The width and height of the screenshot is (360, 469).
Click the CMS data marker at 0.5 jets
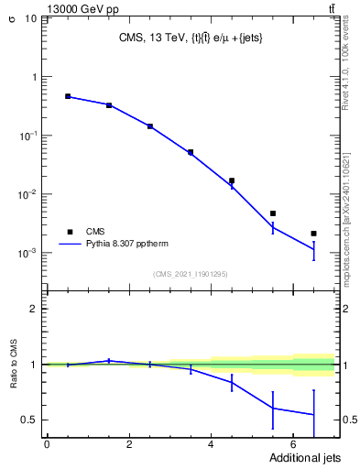[x=68, y=96]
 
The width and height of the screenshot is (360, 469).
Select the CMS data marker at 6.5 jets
[x=313, y=234]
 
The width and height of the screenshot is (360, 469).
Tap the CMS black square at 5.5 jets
[x=273, y=213]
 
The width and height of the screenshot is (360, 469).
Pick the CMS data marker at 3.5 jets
[x=191, y=152]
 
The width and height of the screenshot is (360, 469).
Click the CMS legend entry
[x=95, y=232]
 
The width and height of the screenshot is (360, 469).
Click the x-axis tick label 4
[x=212, y=444]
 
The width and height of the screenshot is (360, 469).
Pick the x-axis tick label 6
[x=293, y=444]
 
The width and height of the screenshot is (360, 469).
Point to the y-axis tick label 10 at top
[x=31, y=18]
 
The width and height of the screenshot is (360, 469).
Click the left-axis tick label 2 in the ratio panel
[x=34, y=309]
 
